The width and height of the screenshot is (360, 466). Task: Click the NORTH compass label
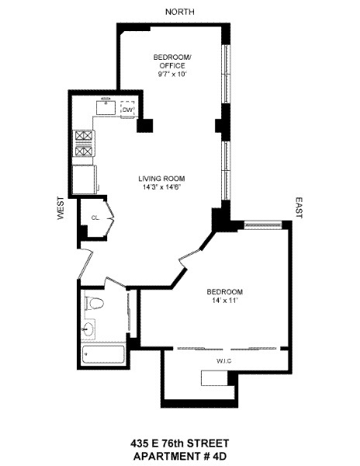tap(180, 11)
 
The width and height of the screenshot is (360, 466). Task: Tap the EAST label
tap(299, 206)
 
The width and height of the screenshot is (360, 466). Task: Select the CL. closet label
tap(95, 217)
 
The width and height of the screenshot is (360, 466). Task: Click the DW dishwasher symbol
tap(128, 110)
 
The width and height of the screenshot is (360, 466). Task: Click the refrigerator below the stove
tap(83, 177)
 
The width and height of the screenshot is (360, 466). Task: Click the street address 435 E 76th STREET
tap(179, 440)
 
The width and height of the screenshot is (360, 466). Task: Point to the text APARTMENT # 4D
tap(179, 454)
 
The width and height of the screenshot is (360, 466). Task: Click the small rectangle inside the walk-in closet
tap(214, 378)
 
